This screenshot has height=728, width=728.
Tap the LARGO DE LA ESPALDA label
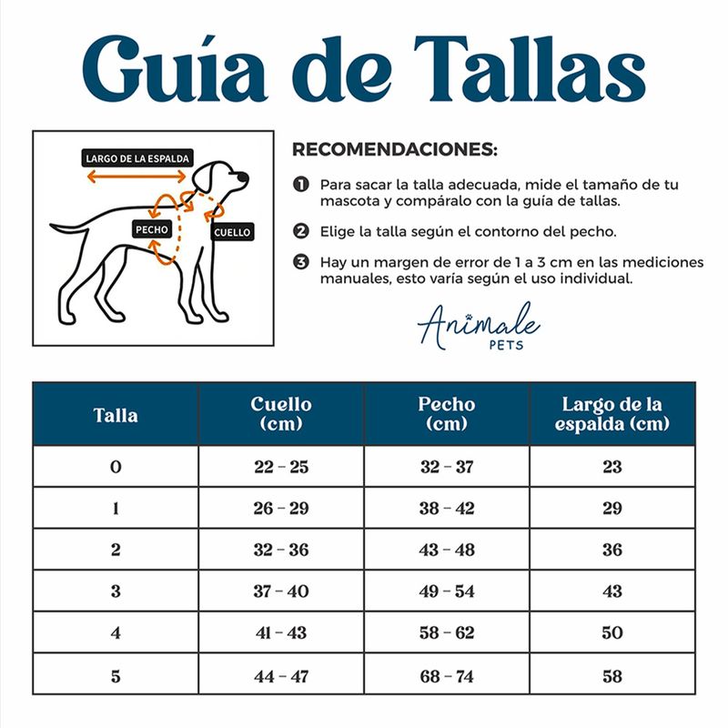click(x=137, y=158)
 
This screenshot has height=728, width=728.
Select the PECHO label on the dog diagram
click(x=152, y=229)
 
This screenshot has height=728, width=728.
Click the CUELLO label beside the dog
click(x=232, y=232)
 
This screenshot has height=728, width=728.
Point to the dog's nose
click(x=243, y=177)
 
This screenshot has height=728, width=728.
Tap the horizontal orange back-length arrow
click(x=136, y=177)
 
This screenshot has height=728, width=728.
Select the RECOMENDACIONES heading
click(x=395, y=149)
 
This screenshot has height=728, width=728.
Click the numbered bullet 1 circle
click(x=301, y=185)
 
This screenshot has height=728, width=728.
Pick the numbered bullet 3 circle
click(x=301, y=262)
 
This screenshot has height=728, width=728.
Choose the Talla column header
click(x=116, y=415)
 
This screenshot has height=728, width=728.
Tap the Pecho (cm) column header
click(x=447, y=414)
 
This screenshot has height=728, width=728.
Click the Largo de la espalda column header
click(x=612, y=414)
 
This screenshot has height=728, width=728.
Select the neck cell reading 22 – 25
click(x=281, y=467)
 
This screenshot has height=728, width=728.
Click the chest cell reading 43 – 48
click(x=447, y=550)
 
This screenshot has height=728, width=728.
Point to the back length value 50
click(x=612, y=632)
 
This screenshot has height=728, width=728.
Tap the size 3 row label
click(x=116, y=591)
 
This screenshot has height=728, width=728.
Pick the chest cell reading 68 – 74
click(x=447, y=676)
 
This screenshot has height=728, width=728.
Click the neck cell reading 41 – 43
click(x=281, y=632)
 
